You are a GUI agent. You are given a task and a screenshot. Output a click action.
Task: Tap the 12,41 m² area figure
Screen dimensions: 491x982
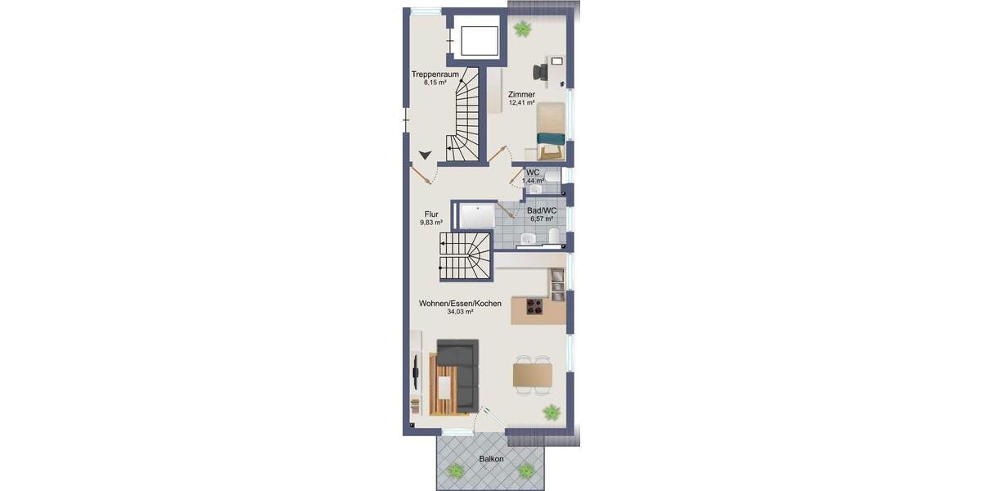tap(521, 103)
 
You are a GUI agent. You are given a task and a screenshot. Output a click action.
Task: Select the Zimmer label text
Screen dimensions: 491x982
tap(521, 94)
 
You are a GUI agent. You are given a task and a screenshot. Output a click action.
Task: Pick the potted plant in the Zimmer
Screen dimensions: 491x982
tap(521, 29)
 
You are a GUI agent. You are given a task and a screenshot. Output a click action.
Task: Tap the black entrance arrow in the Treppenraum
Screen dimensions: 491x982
tap(425, 154)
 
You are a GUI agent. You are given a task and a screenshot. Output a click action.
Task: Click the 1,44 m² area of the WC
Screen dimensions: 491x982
tap(533, 180)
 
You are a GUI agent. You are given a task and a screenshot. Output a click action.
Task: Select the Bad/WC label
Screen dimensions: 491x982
tap(542, 210)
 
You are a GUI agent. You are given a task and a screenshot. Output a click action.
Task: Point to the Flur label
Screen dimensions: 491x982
tap(430, 214)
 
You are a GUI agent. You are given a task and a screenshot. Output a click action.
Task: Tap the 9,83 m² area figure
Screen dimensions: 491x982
tap(431, 222)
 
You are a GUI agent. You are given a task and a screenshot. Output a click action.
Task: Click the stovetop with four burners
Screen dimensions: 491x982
tap(535, 307)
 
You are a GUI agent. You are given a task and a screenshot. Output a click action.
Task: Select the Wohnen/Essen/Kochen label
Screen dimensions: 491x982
tap(460, 304)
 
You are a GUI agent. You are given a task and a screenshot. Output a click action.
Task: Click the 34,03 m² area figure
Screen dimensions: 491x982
tap(460, 312)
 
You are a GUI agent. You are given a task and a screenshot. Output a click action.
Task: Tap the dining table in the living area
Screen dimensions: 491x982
tap(533, 374)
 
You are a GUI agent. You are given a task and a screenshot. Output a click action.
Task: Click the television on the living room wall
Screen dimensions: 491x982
tap(415, 373)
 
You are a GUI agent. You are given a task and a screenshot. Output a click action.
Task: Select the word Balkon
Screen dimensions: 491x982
tap(491, 459)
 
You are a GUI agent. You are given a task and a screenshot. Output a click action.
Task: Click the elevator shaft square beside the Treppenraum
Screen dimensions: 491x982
tap(478, 39)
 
